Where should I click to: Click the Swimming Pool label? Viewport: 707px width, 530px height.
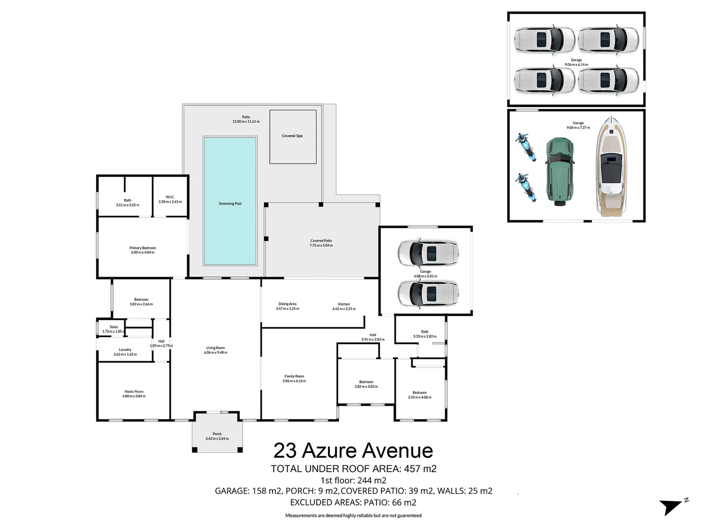pos(230,204)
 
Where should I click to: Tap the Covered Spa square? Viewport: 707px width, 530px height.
pos(292,136)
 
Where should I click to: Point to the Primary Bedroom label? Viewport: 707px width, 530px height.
pos(142,248)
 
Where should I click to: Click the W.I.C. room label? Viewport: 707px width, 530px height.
pos(170,197)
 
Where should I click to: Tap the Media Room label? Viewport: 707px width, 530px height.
pos(134,392)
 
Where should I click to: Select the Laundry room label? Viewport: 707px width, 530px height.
pos(125,350)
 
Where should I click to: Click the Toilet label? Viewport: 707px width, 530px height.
pos(113,327)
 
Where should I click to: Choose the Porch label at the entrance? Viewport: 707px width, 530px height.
pos(217,434)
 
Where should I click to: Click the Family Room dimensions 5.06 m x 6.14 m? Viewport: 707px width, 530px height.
pos(294,381)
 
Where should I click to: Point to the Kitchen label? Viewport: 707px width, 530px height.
pos(344,304)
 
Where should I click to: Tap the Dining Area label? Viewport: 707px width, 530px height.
pos(287,304)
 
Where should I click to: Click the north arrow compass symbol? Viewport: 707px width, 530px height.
pos(672,506)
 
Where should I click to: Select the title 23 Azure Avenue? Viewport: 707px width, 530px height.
pos(353,450)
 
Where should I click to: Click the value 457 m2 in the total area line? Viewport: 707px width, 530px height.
pos(420,469)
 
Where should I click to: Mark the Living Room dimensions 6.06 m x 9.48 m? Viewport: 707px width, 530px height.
pos(216,352)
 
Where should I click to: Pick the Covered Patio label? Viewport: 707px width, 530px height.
pos(321,241)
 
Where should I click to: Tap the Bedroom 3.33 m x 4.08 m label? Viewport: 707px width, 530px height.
pos(419,393)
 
